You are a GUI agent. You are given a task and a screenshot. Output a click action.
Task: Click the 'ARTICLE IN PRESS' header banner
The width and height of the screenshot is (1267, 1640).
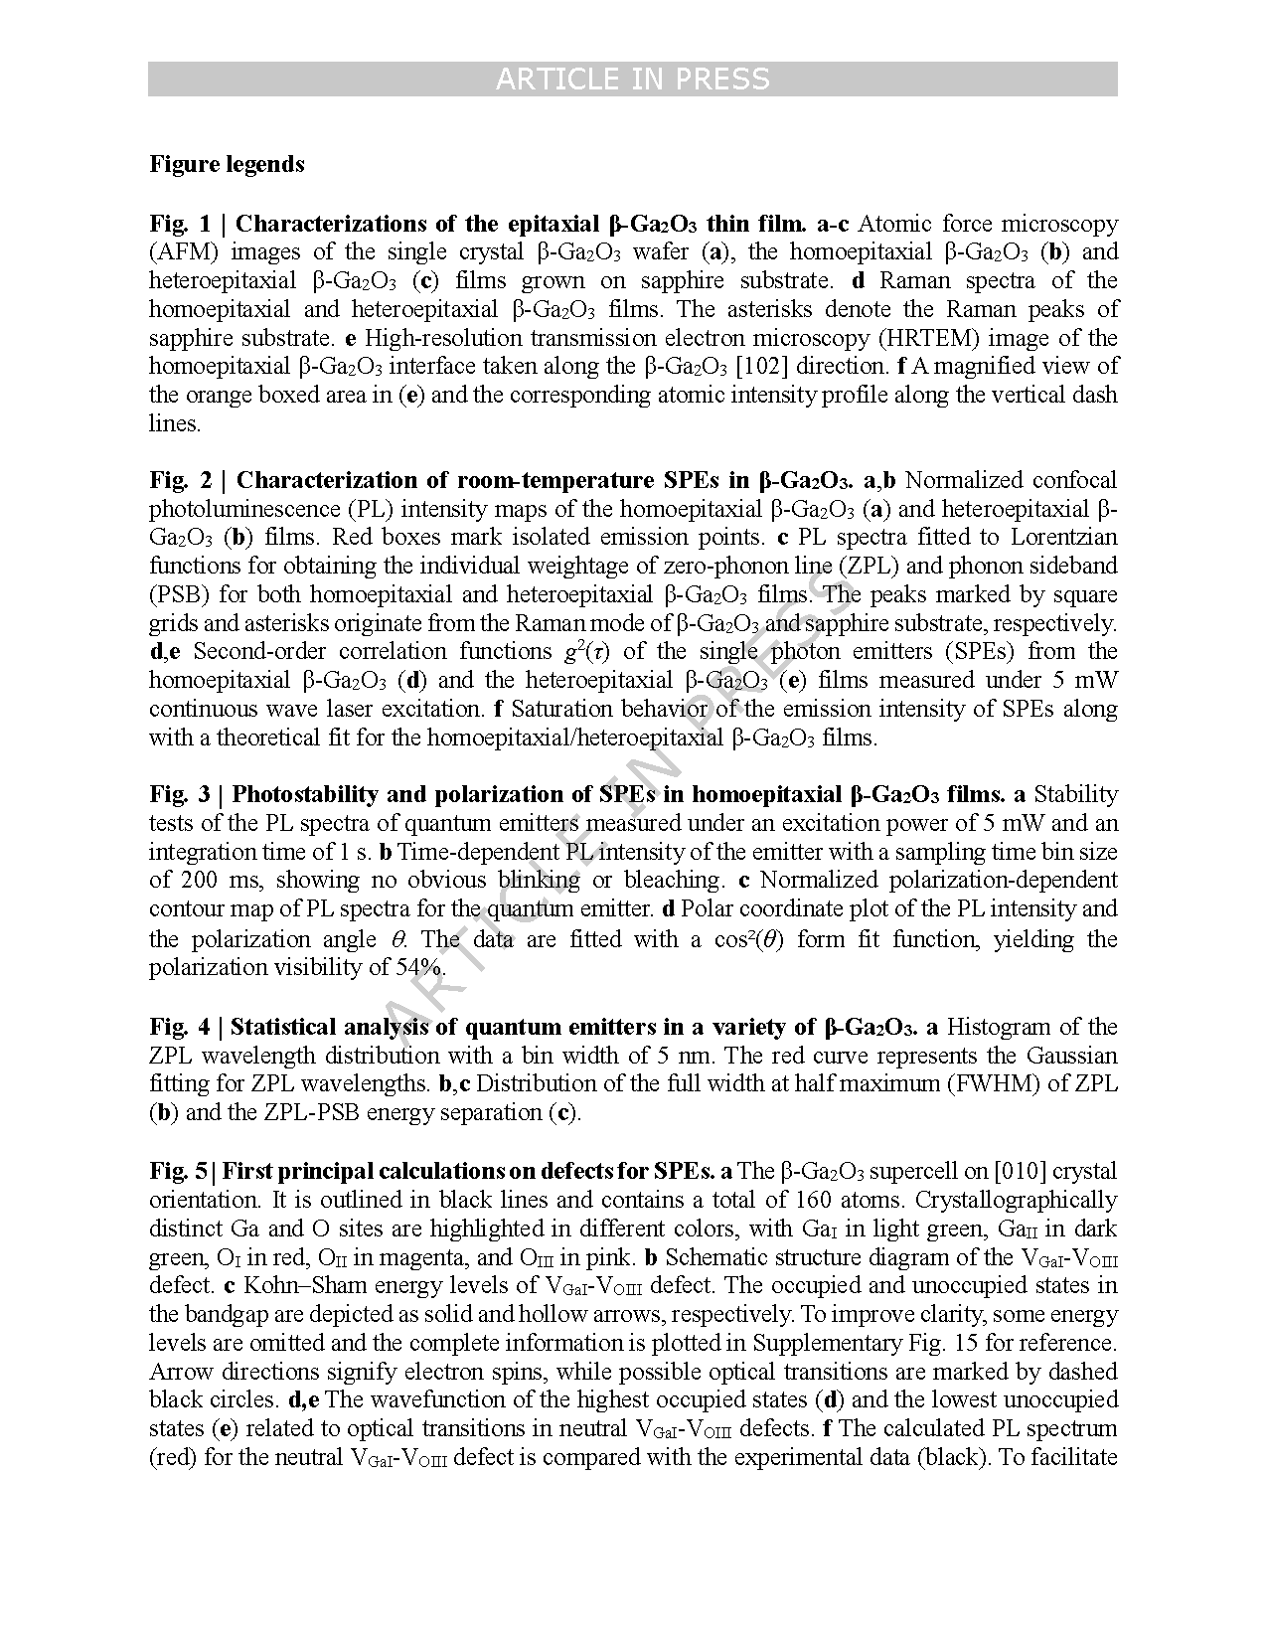pos(632,80)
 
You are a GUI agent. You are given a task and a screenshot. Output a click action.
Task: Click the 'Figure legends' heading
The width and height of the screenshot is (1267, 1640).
pos(228,164)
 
